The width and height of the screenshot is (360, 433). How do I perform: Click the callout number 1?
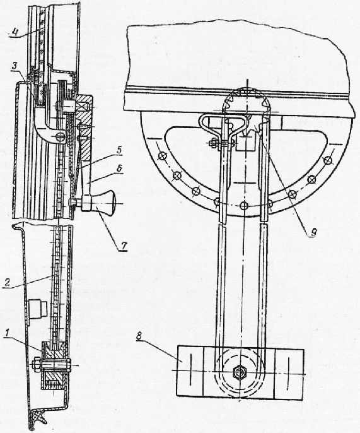(x=9, y=334)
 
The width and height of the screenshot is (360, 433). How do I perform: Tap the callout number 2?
(x=8, y=282)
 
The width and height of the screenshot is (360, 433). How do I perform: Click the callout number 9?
(x=313, y=232)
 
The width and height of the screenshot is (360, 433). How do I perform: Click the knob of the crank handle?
(x=107, y=203)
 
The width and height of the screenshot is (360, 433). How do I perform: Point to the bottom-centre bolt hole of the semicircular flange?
(x=243, y=205)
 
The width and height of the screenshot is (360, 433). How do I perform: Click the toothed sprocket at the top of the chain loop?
(x=246, y=101)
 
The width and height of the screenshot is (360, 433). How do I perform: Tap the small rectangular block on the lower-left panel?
(x=38, y=309)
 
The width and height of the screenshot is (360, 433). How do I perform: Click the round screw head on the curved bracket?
(x=61, y=136)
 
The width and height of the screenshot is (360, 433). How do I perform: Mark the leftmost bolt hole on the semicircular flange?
(x=161, y=157)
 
